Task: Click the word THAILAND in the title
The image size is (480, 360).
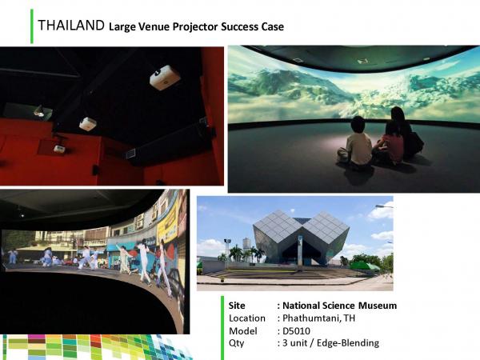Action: (71, 26)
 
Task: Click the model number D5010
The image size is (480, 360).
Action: (296, 331)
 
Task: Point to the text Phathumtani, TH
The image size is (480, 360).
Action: (318, 318)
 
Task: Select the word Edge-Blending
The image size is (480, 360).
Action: (348, 343)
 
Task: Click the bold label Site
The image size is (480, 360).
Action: (237, 306)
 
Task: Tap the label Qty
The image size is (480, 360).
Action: (236, 343)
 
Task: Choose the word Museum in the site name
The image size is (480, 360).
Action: (378, 306)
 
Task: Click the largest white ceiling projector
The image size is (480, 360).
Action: (164, 77)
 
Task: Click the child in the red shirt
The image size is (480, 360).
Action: (390, 145)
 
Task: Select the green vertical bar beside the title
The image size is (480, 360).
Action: (32, 26)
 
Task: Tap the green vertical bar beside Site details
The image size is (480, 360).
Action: (222, 328)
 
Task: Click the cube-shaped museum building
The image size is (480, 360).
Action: (301, 237)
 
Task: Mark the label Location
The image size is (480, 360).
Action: (247, 318)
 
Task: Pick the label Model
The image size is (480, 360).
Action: (243, 331)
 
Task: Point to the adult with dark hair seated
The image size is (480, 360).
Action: (404, 133)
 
